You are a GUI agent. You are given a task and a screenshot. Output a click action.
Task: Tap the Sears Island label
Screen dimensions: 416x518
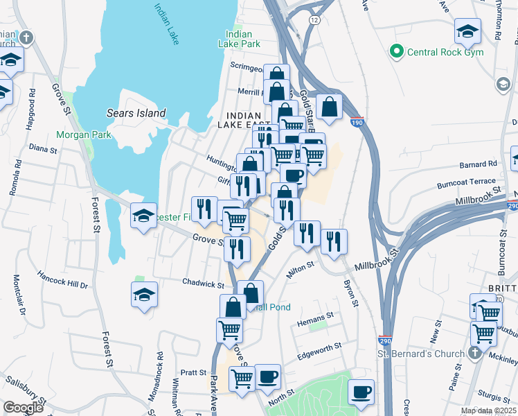click(x=136, y=113)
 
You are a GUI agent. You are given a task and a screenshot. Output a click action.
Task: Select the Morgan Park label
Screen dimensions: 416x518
click(x=83, y=134)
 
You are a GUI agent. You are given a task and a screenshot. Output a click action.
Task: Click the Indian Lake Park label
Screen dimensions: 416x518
click(x=243, y=39)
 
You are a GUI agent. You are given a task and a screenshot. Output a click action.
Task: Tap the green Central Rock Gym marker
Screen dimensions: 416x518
click(x=397, y=51)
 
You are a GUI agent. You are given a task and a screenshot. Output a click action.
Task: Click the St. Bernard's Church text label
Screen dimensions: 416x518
click(x=420, y=354)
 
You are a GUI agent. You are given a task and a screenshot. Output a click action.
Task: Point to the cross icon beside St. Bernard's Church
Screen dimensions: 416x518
click(x=474, y=352)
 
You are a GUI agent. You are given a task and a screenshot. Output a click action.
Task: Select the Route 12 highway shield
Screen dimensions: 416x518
click(x=315, y=21)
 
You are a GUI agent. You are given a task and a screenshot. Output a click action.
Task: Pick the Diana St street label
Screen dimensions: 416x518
click(x=42, y=147)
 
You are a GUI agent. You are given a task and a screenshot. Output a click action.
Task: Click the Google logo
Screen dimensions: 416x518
click(x=23, y=408)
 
